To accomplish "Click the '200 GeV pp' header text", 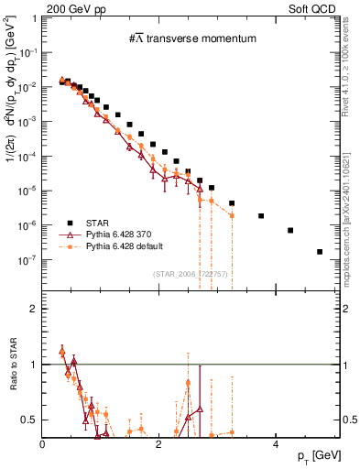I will coord(72,8).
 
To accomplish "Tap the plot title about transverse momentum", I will coord(192,38).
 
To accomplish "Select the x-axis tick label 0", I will coord(43,443).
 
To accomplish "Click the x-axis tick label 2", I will coord(159,443).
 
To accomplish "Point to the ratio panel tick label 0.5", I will coord(31,420).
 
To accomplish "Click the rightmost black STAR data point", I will coord(319,251).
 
